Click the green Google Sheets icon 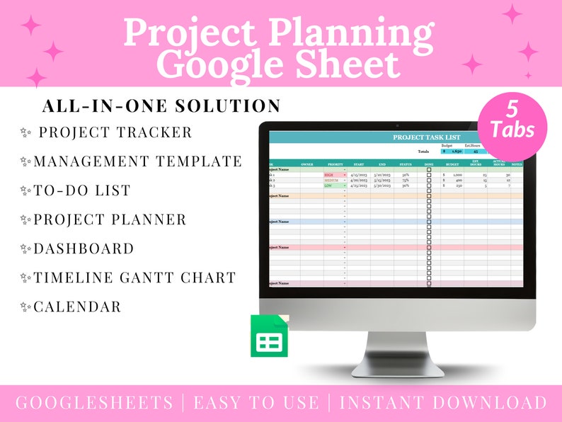click(269, 336)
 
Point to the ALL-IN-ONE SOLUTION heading click(161, 106)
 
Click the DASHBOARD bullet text click(84, 249)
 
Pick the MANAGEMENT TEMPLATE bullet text click(138, 161)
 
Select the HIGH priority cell click(330, 174)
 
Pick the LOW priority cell click(329, 186)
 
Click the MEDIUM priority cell click(331, 180)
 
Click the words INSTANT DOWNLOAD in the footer click(443, 403)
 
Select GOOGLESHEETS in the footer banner click(94, 403)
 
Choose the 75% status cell click(406, 180)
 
